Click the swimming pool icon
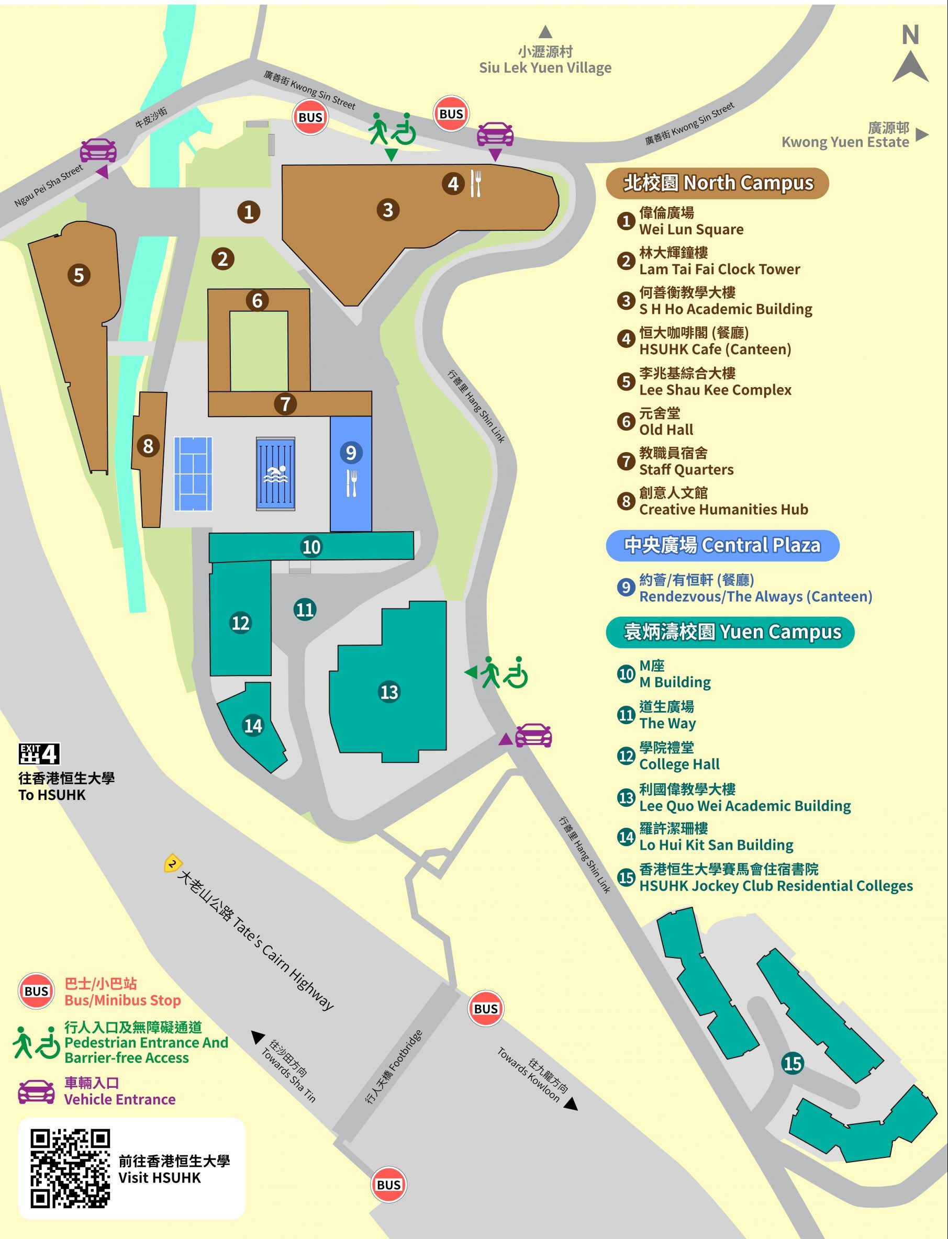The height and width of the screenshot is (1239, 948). [x=275, y=474]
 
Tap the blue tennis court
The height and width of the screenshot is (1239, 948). [x=193, y=474]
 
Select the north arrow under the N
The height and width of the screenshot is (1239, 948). [x=910, y=66]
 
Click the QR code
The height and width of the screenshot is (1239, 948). [x=70, y=1168]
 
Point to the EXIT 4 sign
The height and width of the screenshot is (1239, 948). [x=39, y=753]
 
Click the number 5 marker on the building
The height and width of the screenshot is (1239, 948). [x=79, y=275]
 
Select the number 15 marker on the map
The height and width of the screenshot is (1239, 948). [x=792, y=1063]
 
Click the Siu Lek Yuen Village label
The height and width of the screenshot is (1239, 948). [x=545, y=60]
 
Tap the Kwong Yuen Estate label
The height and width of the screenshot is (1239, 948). [x=845, y=136]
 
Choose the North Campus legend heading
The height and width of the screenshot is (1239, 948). [x=717, y=183]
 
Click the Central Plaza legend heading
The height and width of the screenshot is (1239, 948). [x=722, y=545]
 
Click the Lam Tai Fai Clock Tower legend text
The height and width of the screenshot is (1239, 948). [x=719, y=269]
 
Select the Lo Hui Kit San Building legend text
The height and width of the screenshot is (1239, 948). [x=716, y=845]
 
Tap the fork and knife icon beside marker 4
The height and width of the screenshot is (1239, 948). [x=476, y=184]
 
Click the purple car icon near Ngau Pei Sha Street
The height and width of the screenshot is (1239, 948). [x=98, y=150]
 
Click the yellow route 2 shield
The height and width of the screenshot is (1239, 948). [x=172, y=863]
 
